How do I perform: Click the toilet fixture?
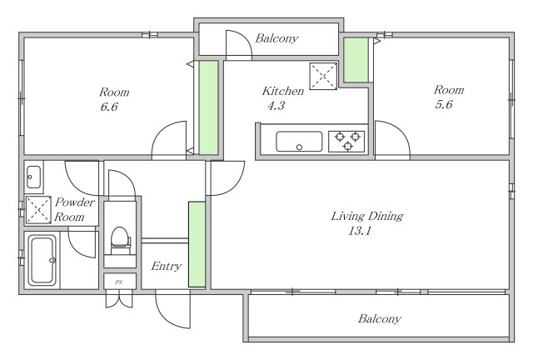click(x=120, y=241)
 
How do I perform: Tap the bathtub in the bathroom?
click(x=42, y=260)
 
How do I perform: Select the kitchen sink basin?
click(x=299, y=142)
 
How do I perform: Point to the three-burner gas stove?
click(x=346, y=141)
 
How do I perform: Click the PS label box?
click(x=120, y=282)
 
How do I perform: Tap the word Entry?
click(x=166, y=266)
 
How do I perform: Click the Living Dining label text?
click(x=367, y=216)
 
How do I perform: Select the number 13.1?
click(x=359, y=231)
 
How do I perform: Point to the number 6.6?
click(x=109, y=107)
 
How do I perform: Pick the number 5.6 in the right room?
click(x=444, y=104)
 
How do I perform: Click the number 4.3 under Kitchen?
click(x=276, y=106)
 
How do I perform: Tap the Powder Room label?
click(x=74, y=209)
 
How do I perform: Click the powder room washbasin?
click(x=33, y=177)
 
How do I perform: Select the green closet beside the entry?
click(x=197, y=244)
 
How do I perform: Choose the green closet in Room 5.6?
click(x=356, y=60)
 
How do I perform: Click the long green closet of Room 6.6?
click(x=208, y=107)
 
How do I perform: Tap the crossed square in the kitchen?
click(x=323, y=76)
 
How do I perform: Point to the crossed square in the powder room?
click(x=38, y=210)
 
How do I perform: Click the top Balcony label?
click(x=276, y=38)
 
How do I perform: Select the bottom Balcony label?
click(x=380, y=319)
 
